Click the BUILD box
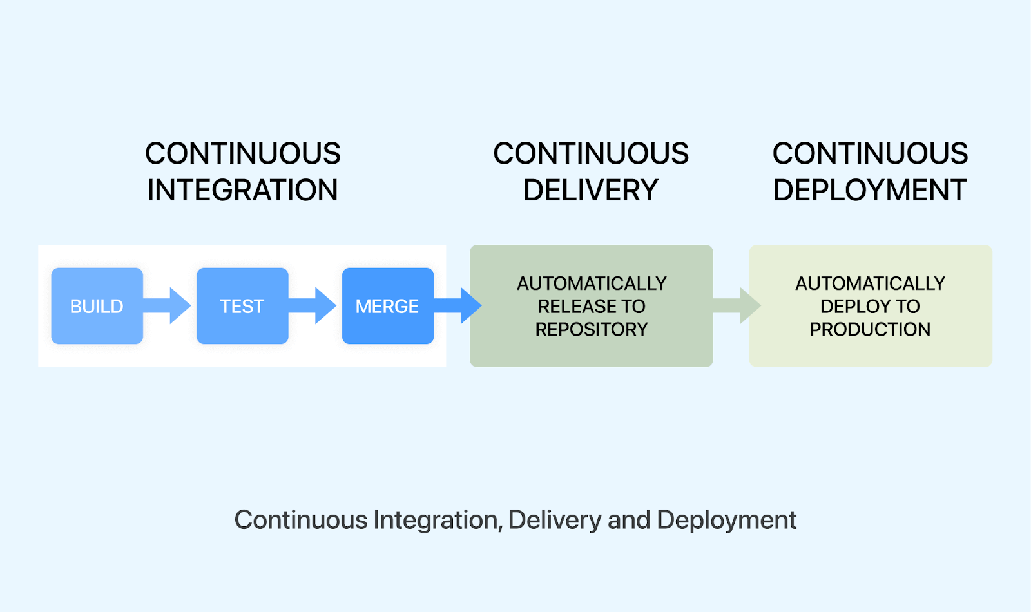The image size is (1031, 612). [97, 306]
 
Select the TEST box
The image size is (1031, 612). [242, 306]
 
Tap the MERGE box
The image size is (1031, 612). [387, 306]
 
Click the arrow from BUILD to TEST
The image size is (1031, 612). [169, 305]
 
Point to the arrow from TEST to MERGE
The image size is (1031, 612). [314, 305]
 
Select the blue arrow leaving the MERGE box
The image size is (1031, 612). [459, 305]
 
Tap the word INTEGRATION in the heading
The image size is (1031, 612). [242, 191]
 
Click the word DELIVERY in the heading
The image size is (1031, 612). [590, 191]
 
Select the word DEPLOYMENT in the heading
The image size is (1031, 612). [870, 191]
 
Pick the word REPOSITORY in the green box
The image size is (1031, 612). [591, 329]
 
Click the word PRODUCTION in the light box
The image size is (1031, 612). [870, 329]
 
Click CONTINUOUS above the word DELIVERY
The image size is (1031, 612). [590, 153]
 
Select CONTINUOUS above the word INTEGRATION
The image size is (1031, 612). [242, 153]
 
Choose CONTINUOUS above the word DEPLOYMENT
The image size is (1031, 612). [870, 153]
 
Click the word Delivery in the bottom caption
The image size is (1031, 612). [554, 520]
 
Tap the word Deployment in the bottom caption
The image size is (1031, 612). [726, 520]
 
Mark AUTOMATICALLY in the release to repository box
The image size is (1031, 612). [591, 283]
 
